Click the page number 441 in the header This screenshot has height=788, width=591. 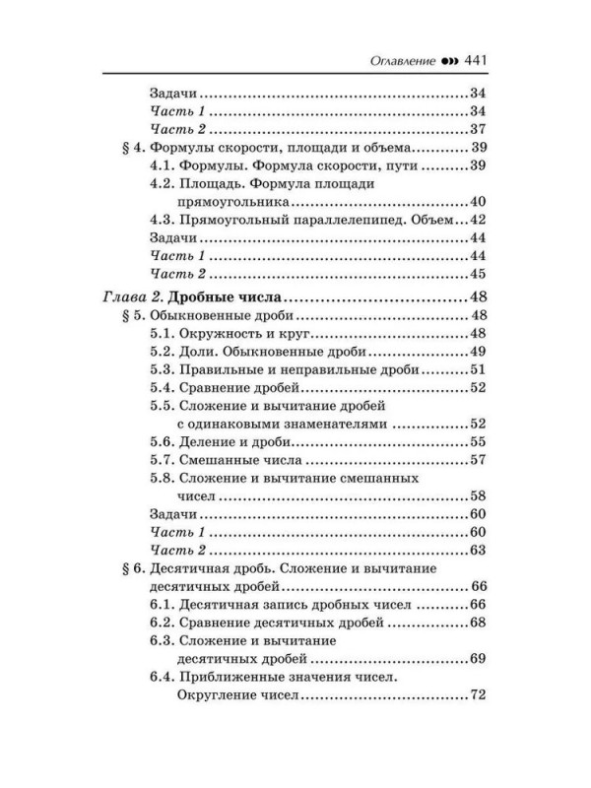[475, 57]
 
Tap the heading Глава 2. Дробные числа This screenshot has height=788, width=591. [198, 296]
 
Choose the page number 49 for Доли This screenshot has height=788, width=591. [481, 352]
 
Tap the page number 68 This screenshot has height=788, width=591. [481, 624]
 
